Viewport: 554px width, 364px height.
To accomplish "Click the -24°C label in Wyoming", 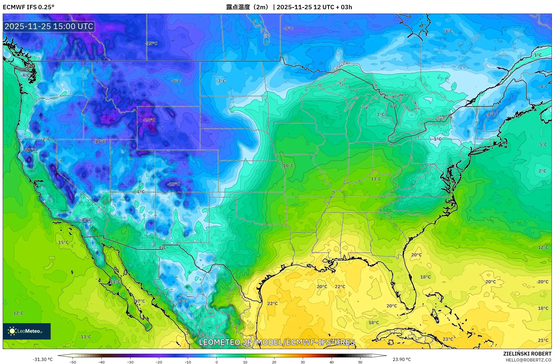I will pos(149,120).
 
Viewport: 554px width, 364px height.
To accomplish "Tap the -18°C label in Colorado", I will pos(174,184).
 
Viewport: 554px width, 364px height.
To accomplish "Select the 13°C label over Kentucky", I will pos(376,179).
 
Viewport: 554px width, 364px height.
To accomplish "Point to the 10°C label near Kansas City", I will pos(288,166).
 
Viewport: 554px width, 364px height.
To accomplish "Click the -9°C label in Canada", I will pos(288,29).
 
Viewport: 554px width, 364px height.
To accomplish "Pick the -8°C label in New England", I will pos(491,115).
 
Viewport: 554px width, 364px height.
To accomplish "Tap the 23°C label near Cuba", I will pos(448,339).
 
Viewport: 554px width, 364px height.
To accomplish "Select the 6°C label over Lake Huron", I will pos(394,106).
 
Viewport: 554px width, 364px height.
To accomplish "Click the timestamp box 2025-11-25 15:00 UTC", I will pos(49,26).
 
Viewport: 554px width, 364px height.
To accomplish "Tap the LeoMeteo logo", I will pos(27,331).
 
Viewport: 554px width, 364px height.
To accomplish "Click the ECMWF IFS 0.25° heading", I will pos(29,7).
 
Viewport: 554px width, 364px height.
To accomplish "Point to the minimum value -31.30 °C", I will pos(43,359).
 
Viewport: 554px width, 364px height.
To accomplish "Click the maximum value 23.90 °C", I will pos(401,359).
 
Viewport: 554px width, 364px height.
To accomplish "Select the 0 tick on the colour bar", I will pos(217,362).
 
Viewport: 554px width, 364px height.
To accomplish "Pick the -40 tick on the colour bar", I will pos(101,362).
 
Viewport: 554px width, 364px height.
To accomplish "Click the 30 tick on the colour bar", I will pos(303,362).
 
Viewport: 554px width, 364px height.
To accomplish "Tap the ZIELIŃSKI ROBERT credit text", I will pos(527,354).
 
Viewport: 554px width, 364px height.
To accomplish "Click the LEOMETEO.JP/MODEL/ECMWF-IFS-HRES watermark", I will pos(277,342).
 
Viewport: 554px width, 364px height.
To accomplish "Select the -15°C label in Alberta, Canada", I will pos(151,44).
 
